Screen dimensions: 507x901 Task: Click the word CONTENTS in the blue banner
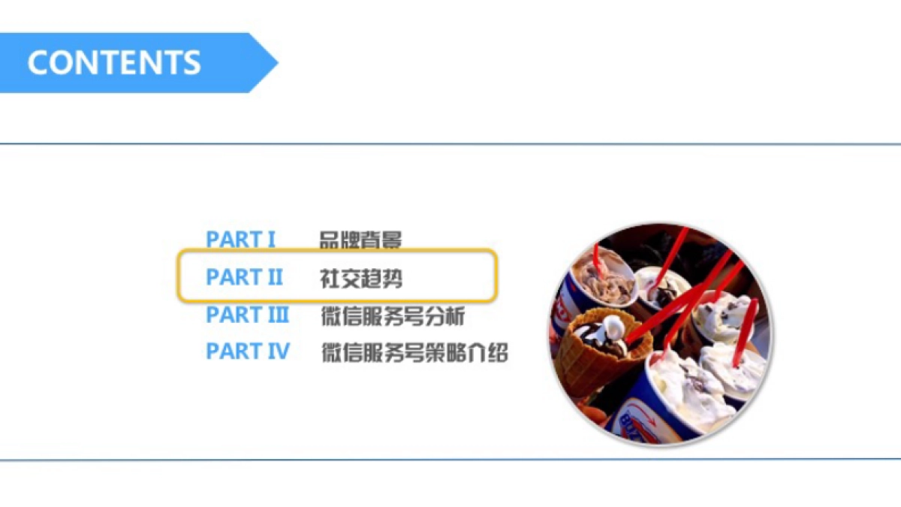(114, 62)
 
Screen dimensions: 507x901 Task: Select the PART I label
(241, 240)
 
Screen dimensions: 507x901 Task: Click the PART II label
(245, 277)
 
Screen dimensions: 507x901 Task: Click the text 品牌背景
(361, 240)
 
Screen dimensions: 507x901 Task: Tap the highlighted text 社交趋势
(361, 278)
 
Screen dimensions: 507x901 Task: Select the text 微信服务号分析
(393, 315)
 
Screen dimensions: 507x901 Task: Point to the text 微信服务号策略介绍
(414, 352)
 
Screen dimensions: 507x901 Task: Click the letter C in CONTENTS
(38, 62)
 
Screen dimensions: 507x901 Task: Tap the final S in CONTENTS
(191, 62)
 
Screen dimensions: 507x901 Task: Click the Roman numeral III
(276, 315)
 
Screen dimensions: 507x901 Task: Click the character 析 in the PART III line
(456, 315)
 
